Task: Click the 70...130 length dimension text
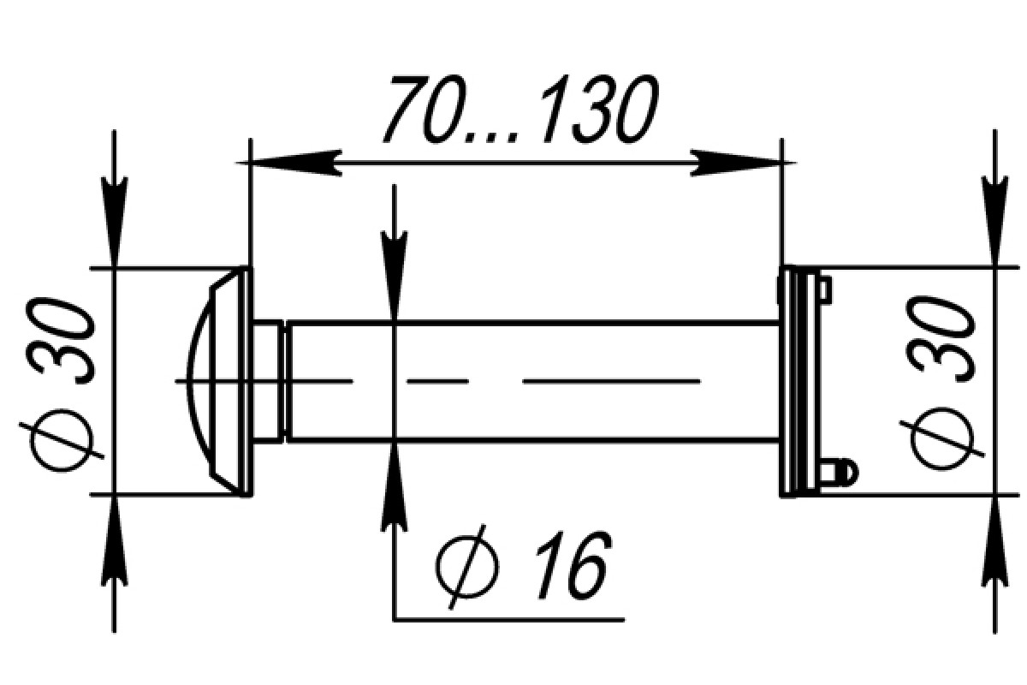pos(521,110)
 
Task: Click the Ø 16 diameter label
pos(524,567)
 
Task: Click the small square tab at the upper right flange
pos(825,289)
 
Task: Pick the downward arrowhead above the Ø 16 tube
pos(395,277)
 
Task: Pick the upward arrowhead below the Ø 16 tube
pos(395,487)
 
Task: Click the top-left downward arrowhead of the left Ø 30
pos(114,221)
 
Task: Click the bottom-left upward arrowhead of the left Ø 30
pos(114,541)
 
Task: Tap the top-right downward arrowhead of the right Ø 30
pos(994,221)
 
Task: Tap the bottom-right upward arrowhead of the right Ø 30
pos(994,541)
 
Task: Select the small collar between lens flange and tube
pos(268,382)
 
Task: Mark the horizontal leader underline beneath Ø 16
pos(509,620)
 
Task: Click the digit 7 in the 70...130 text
pos(408,110)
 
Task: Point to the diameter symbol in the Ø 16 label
pos(466,567)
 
